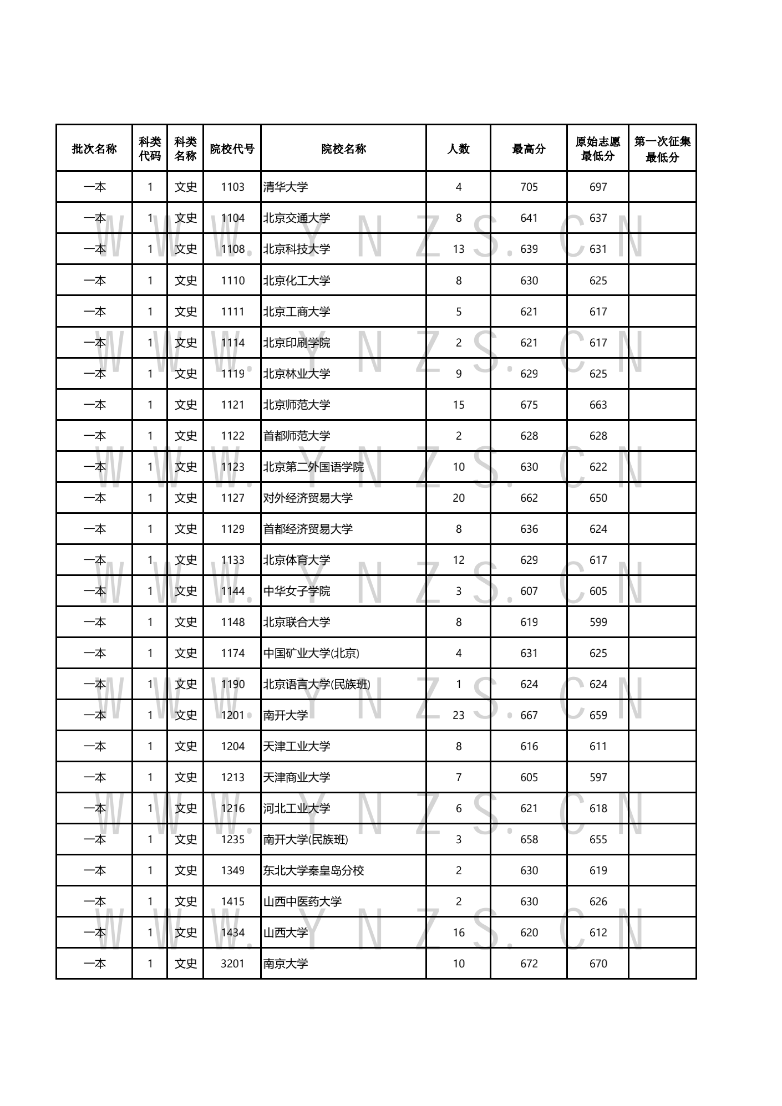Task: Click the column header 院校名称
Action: click(343, 149)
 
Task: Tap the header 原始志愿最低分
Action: click(597, 149)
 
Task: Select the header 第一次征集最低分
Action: click(662, 149)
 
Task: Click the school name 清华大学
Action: click(286, 187)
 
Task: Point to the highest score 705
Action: click(529, 187)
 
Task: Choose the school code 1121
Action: click(232, 405)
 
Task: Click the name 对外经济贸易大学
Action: click(308, 498)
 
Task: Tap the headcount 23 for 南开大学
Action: click(458, 715)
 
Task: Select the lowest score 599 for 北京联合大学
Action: click(598, 622)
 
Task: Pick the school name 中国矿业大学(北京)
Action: click(311, 653)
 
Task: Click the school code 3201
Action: click(232, 964)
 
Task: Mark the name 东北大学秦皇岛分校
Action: click(313, 870)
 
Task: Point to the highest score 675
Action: click(529, 405)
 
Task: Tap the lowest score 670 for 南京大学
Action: click(598, 964)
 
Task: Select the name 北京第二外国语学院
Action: click(313, 467)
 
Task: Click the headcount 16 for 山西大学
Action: click(458, 932)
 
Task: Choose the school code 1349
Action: click(232, 870)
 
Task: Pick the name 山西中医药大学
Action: click(302, 901)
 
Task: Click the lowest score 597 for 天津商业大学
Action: click(598, 777)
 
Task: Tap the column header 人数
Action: click(458, 149)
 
